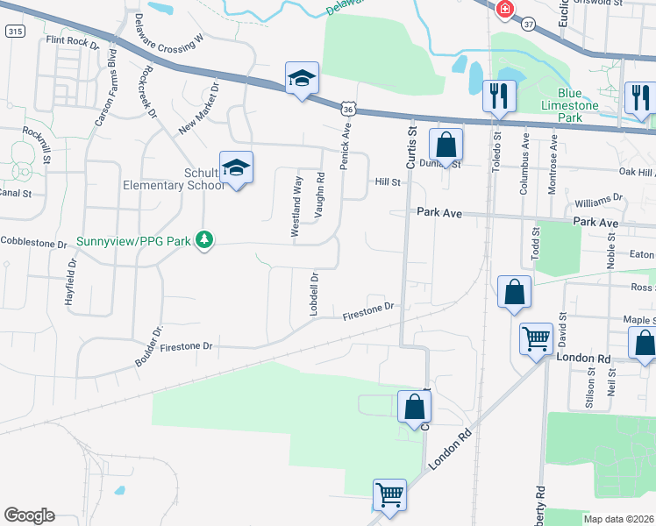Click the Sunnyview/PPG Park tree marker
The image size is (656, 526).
tap(203, 239)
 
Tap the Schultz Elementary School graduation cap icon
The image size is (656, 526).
tap(236, 167)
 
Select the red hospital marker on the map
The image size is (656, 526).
tap(505, 11)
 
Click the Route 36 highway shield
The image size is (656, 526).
tap(348, 109)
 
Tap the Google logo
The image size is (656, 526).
tap(29, 515)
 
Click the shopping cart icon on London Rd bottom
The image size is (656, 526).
tap(389, 494)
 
